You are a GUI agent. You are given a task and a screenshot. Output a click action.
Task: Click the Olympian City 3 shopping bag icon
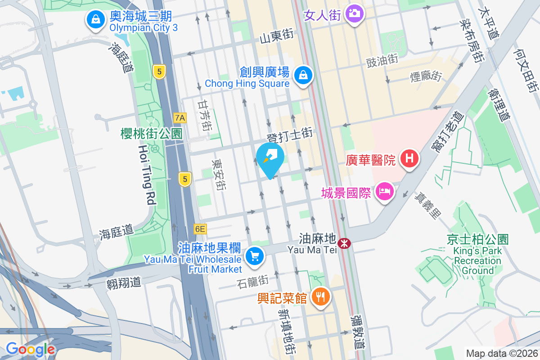coord(95,19)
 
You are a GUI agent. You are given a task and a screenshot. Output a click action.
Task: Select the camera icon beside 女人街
coord(355,13)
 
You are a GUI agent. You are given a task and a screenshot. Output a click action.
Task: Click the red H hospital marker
coord(409,158)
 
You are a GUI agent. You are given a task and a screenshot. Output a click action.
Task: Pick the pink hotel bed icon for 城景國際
coord(385,192)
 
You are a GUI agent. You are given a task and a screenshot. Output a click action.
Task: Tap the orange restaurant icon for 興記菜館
coord(320,297)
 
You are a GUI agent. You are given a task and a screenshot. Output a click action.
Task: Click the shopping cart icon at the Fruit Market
coord(255,256)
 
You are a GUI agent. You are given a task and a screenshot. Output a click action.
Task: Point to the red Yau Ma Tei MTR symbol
coord(345,243)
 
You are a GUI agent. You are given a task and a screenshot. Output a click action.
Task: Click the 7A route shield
coord(180,118)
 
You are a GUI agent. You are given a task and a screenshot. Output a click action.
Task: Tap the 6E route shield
coord(200,229)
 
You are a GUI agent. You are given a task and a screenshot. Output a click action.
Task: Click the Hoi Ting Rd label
coord(146,175)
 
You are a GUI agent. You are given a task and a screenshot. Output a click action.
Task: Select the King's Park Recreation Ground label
coord(477,255)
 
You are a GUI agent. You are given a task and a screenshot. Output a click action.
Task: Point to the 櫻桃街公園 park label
coord(151,134)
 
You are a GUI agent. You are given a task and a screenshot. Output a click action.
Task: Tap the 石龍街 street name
coord(252,281)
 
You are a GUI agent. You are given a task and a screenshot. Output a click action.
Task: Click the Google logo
coord(30,349)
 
